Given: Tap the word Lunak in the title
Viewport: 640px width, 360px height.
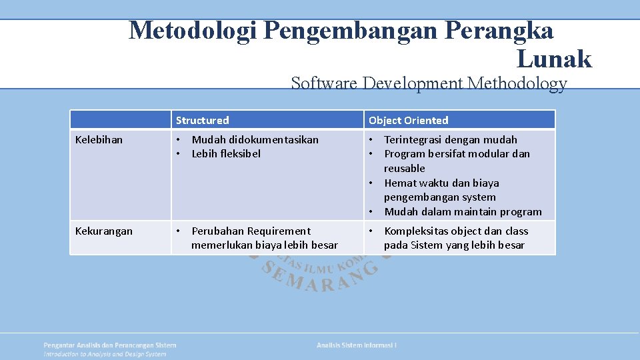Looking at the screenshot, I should click(x=553, y=59).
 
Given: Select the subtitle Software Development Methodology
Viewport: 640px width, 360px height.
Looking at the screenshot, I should click(x=429, y=83).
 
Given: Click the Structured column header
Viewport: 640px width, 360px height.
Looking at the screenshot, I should click(x=202, y=121).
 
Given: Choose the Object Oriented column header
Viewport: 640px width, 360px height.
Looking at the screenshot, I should click(x=408, y=121).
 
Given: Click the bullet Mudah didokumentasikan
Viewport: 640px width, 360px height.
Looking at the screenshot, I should click(x=255, y=140).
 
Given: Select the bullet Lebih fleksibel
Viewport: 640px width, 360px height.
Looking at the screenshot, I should click(x=226, y=154).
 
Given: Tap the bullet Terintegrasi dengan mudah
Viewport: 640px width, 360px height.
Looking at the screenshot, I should click(x=450, y=140).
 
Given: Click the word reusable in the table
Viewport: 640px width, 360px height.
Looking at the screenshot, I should click(x=404, y=169).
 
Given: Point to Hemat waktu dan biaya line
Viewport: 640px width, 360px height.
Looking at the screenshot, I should click(x=441, y=183).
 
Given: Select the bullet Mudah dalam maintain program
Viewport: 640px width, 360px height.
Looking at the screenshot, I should click(x=463, y=212).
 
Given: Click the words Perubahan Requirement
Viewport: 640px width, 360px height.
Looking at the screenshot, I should click(x=251, y=231).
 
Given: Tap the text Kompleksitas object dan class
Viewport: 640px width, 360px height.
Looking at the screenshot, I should click(x=456, y=231).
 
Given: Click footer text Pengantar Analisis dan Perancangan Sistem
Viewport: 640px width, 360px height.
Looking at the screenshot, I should click(x=110, y=345).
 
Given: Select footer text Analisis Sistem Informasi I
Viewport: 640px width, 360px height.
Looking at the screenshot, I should click(x=357, y=345).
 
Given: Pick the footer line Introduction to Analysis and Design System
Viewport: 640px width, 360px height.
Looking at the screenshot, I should click(x=105, y=354).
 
